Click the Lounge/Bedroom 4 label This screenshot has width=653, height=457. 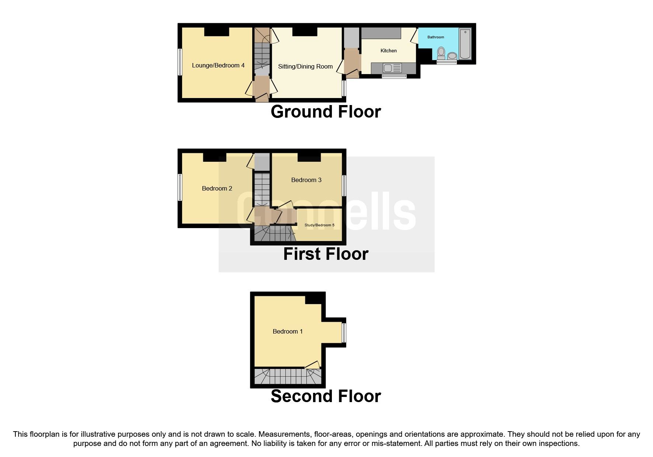point(218,66)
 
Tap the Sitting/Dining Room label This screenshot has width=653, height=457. point(305,67)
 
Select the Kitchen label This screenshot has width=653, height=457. point(389,51)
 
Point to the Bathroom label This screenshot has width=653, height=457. point(435,37)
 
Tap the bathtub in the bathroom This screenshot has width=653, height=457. point(465,44)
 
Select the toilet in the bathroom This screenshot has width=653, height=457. point(441,53)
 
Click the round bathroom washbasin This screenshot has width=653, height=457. point(452,56)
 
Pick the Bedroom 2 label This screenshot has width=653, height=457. point(217,189)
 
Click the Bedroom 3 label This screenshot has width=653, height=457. point(306,180)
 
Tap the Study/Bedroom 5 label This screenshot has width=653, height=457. point(319,225)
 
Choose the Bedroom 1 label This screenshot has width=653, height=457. point(288,332)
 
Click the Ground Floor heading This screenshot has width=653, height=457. point(326,112)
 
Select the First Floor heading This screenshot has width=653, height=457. point(326,254)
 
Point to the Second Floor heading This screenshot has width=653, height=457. point(326,396)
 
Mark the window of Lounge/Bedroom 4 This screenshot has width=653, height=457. point(180,62)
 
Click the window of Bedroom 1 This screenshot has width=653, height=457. point(344,333)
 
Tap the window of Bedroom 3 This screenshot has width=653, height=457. point(344,185)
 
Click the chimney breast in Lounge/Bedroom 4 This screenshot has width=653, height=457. point(216,32)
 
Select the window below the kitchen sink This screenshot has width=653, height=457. point(394,77)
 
